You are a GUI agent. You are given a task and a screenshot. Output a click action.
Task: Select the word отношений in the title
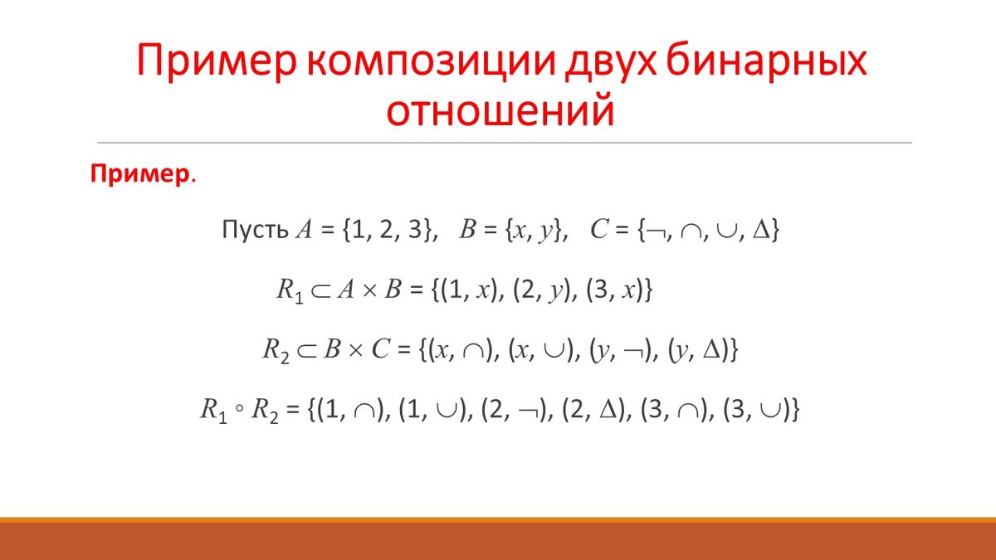coord(502,111)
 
